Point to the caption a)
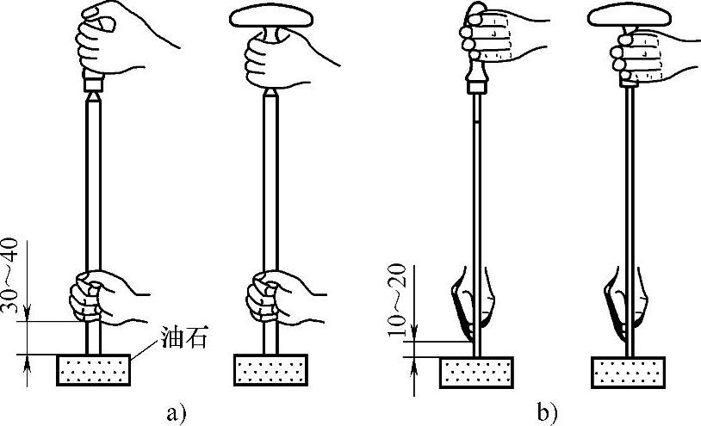tap(176, 412)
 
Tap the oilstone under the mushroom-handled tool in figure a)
tap(270, 371)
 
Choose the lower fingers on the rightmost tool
tap(625, 306)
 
